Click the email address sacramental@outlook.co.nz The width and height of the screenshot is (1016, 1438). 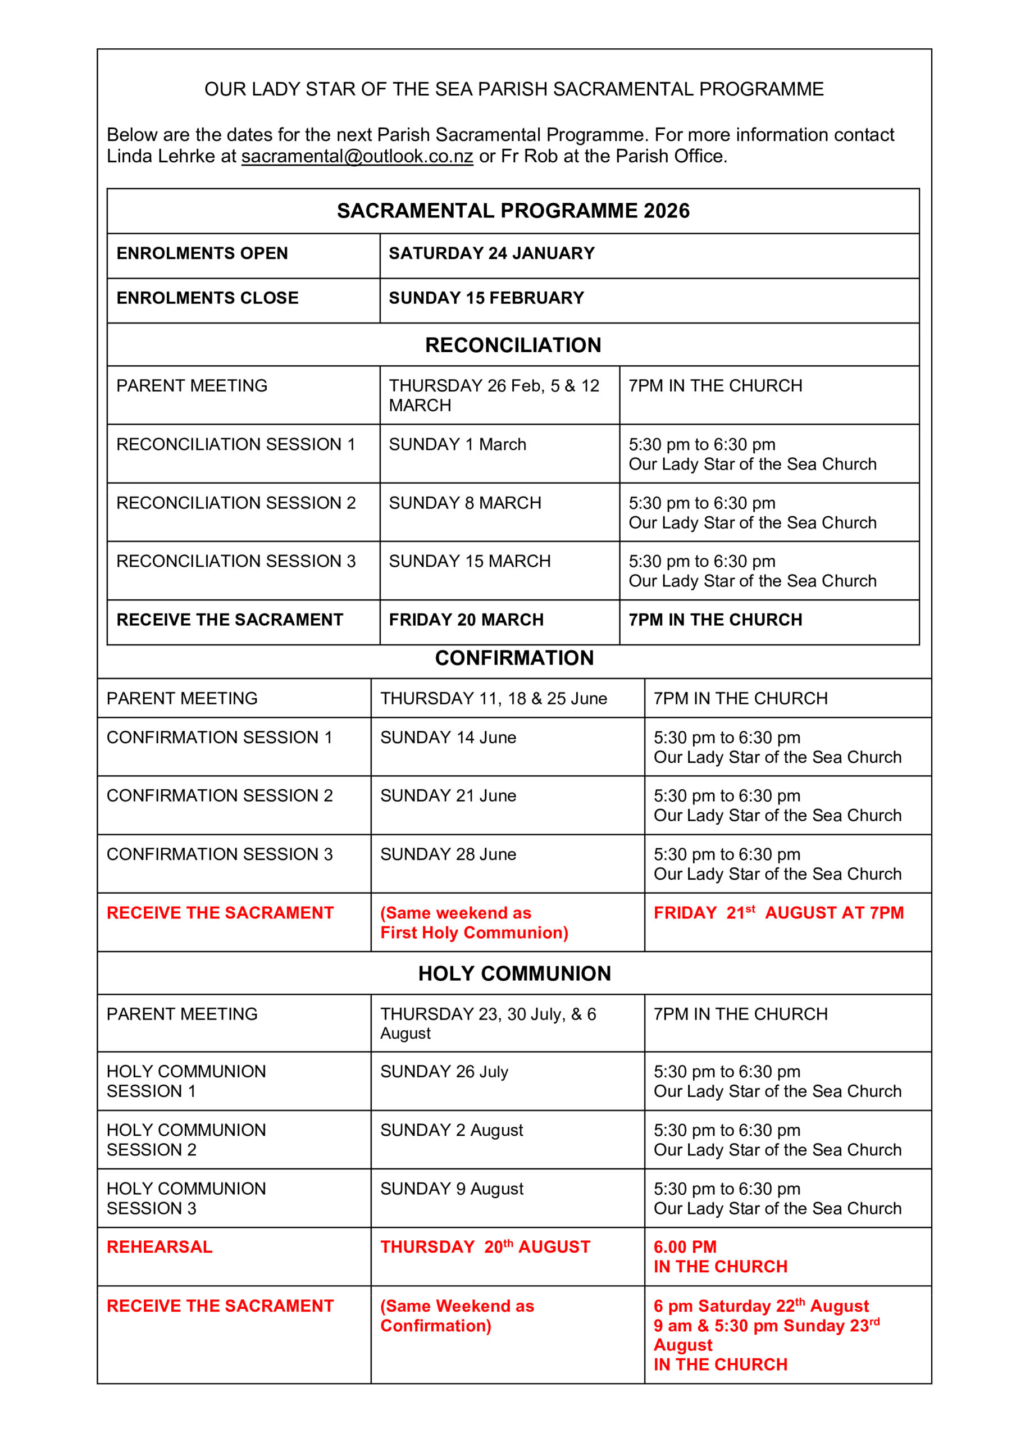[x=357, y=156]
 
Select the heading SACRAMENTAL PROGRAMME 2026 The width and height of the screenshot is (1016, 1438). [x=513, y=211]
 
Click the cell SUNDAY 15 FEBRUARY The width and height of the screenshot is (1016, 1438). [x=486, y=298]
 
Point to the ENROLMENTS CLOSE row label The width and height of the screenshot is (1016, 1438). [x=207, y=298]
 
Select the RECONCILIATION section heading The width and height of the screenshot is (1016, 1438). [x=513, y=345]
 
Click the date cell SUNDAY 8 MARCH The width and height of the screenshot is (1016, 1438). [x=465, y=503]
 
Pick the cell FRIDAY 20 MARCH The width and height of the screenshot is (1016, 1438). [x=466, y=620]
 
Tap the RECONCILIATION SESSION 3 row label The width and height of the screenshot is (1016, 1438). [x=235, y=561]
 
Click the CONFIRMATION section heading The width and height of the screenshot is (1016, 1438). [x=514, y=658]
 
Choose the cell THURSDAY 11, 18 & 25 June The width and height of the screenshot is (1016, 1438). [x=494, y=698]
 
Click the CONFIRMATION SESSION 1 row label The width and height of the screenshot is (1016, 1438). [x=219, y=737]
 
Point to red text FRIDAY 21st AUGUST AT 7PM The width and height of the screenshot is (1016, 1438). [x=778, y=913]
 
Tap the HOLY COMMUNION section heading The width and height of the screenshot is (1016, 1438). [x=514, y=973]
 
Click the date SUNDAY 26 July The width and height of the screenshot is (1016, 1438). [x=444, y=1072]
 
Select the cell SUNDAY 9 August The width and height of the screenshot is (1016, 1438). [x=452, y=1189]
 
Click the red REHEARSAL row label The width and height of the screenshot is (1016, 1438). [x=159, y=1247]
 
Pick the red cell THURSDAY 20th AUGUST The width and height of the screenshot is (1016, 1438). [x=485, y=1247]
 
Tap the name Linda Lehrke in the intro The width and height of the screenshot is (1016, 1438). [x=161, y=156]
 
